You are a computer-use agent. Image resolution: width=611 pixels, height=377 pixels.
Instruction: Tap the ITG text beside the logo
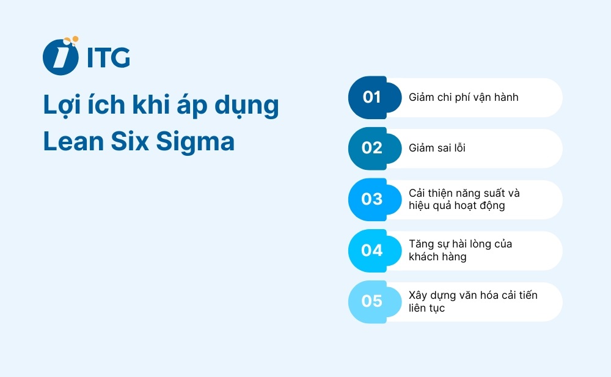(x=108, y=57)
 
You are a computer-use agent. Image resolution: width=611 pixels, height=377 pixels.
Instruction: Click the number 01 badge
(x=372, y=97)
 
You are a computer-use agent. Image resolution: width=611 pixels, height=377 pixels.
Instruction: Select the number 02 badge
(x=372, y=148)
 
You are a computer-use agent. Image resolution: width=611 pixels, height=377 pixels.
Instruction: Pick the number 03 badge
(x=372, y=199)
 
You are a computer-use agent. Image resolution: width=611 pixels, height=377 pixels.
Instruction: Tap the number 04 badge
(x=372, y=250)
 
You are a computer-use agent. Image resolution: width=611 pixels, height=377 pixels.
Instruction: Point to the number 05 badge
(x=372, y=301)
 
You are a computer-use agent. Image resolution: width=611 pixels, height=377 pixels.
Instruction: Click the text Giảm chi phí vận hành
(x=463, y=97)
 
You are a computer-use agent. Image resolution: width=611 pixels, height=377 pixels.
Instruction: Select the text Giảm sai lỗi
(x=437, y=148)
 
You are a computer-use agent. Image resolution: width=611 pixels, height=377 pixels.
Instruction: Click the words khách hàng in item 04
(x=437, y=257)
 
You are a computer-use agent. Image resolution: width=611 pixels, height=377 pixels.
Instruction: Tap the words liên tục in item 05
(x=426, y=308)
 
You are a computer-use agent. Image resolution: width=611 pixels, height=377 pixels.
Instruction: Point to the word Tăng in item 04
(x=420, y=244)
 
